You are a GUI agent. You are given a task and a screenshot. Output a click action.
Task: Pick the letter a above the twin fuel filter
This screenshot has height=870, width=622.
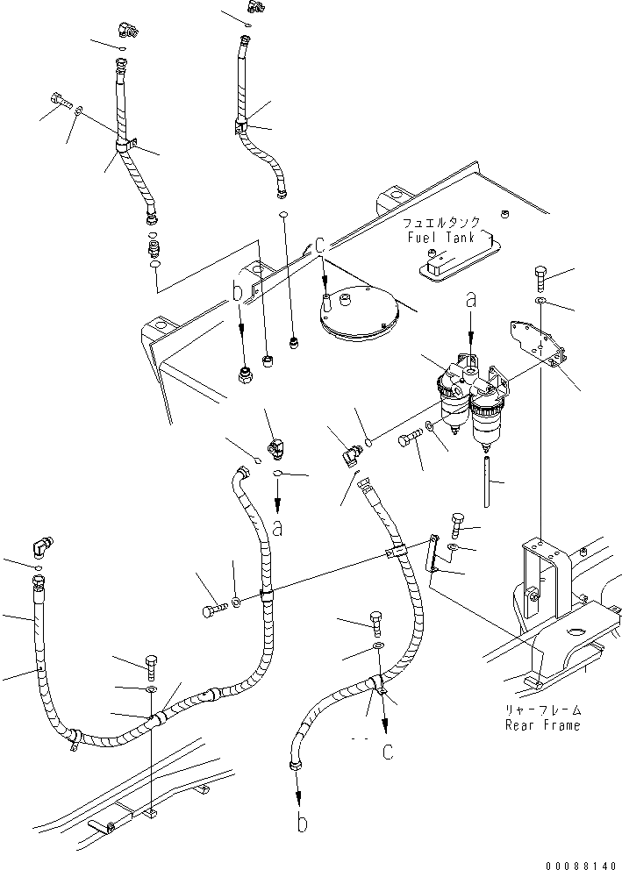pyautogui.click(x=471, y=301)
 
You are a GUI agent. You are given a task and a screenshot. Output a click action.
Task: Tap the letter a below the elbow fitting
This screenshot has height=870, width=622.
pyautogui.click(x=277, y=528)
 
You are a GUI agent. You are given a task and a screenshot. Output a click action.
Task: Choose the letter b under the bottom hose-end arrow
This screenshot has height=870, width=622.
pyautogui.click(x=301, y=823)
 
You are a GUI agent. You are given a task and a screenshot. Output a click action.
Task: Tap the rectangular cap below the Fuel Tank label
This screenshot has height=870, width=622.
pyautogui.click(x=439, y=260)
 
